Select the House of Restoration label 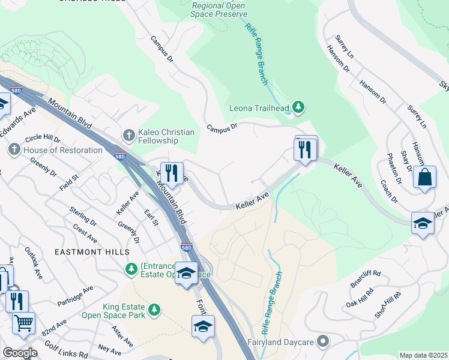click(x=63, y=150)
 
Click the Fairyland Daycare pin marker click(x=323, y=341)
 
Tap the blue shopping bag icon click(x=424, y=178)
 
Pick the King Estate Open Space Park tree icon click(x=155, y=309)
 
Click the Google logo click(x=20, y=353)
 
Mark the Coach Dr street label click(x=386, y=191)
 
